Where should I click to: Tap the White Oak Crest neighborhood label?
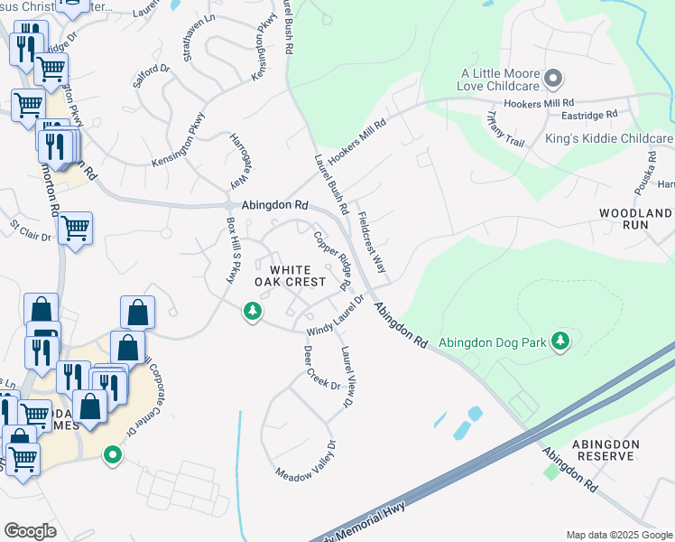click(x=289, y=276)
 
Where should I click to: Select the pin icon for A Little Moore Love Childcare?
click(x=554, y=78)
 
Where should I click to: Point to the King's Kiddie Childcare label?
click(x=609, y=139)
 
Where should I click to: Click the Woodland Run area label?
click(x=635, y=220)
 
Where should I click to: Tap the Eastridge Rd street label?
click(x=587, y=115)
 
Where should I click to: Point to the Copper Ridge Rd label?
click(x=332, y=260)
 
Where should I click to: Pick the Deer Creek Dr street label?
click(x=321, y=368)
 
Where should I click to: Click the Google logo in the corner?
click(x=30, y=530)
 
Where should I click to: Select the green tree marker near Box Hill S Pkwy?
click(x=253, y=312)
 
